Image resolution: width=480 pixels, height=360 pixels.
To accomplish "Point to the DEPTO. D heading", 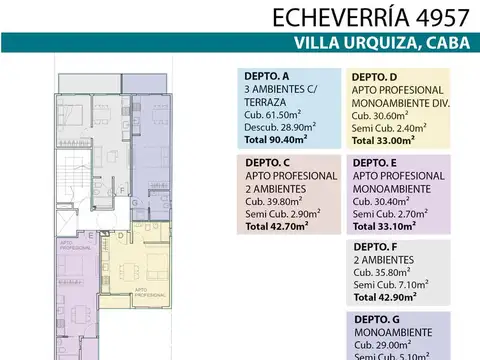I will (375, 76).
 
